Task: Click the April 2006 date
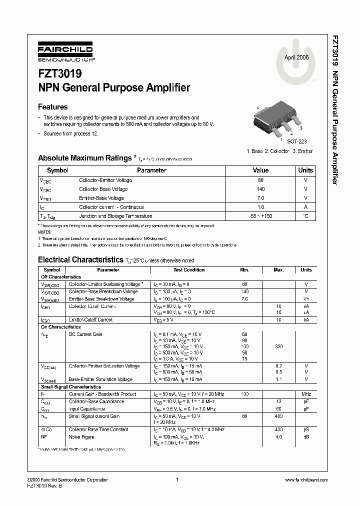tap(296, 57)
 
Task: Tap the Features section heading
tap(53, 106)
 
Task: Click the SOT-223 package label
tap(296, 142)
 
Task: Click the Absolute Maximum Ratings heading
tap(84, 158)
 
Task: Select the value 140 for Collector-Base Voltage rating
tap(260, 189)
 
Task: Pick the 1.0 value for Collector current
tap(260, 207)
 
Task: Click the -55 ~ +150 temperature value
tap(260, 216)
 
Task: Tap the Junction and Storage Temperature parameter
tap(115, 216)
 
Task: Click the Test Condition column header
tap(189, 270)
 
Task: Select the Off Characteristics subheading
tap(60, 277)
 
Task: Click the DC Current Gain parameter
tap(85, 334)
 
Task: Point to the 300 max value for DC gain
tap(278, 346)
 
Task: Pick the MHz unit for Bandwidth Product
tap(306, 394)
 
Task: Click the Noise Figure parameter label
tap(81, 437)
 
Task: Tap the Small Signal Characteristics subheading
tap(70, 387)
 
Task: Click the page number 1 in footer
tap(177, 480)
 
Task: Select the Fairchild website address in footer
tap(305, 480)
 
